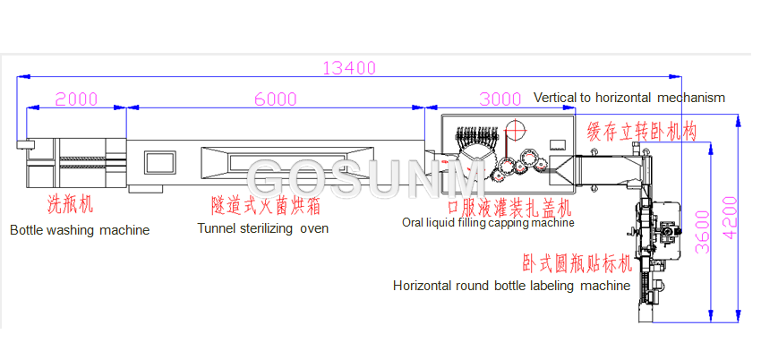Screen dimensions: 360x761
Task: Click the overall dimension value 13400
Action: pyautogui.click(x=350, y=68)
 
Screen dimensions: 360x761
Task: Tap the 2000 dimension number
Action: pyautogui.click(x=76, y=99)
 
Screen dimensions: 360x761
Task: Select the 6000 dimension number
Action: pyautogui.click(x=276, y=99)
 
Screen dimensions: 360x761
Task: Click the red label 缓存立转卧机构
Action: pyautogui.click(x=641, y=132)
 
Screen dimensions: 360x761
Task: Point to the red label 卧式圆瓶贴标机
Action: pyautogui.click(x=577, y=264)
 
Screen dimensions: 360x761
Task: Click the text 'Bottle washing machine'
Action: pyautogui.click(x=80, y=230)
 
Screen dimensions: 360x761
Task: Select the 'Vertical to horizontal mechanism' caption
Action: pyautogui.click(x=628, y=97)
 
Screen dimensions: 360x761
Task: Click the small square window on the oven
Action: pyautogui.click(x=158, y=162)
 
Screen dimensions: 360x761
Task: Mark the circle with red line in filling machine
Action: pyautogui.click(x=515, y=127)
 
